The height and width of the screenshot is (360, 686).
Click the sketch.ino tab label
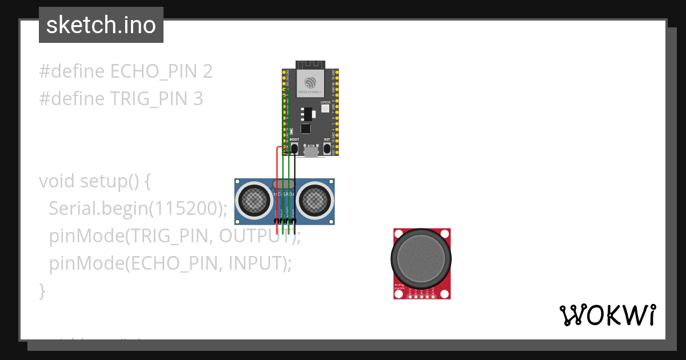[101, 25]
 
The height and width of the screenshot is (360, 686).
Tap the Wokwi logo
[607, 315]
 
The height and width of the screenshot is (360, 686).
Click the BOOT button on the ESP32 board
[294, 149]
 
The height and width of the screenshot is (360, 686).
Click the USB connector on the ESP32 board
[311, 151]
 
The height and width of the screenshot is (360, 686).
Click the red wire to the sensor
[277, 189]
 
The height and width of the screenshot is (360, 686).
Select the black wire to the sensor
[295, 189]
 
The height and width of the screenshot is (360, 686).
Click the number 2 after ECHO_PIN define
[208, 71]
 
